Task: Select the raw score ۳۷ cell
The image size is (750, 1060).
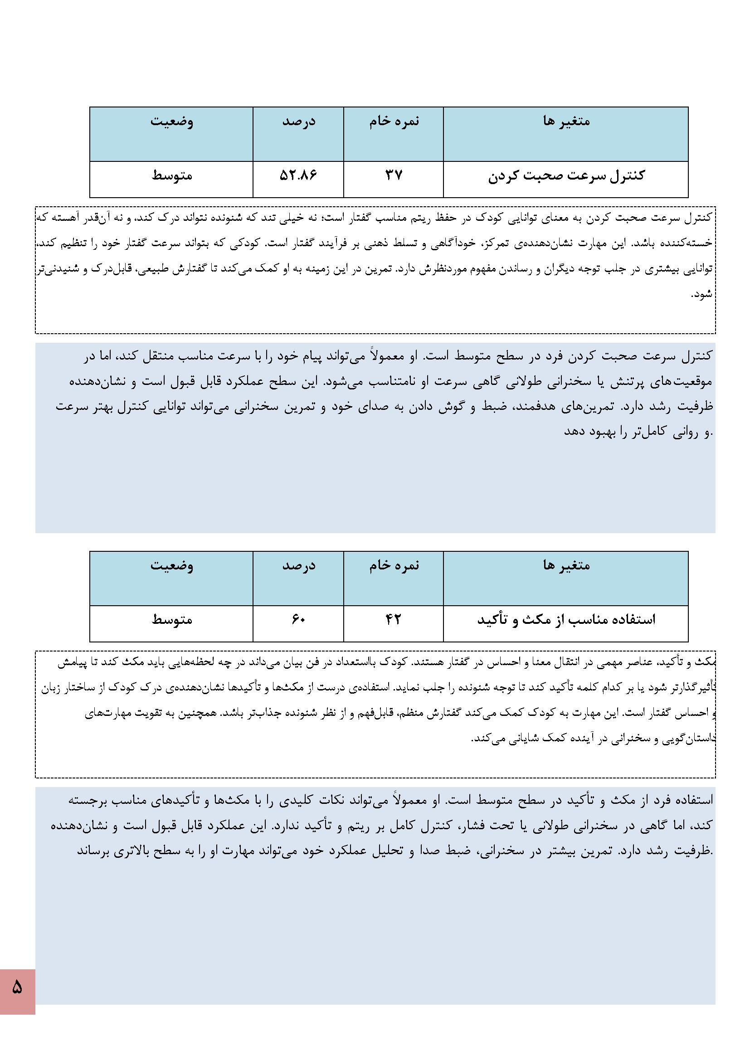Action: (394, 175)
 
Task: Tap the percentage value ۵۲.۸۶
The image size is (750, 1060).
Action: (298, 175)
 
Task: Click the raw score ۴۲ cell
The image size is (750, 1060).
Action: (394, 620)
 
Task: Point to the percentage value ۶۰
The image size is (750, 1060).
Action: (298, 620)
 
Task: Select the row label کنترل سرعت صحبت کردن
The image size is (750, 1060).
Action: (566, 176)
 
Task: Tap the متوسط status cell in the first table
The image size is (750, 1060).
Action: (172, 176)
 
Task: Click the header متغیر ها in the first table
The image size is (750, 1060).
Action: (566, 122)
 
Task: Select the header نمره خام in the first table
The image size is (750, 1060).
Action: (394, 121)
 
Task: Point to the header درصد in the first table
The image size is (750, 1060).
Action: (299, 122)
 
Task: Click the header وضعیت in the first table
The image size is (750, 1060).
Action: (172, 122)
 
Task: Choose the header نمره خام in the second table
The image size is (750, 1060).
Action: (394, 565)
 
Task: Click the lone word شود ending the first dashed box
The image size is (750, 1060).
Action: (701, 294)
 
